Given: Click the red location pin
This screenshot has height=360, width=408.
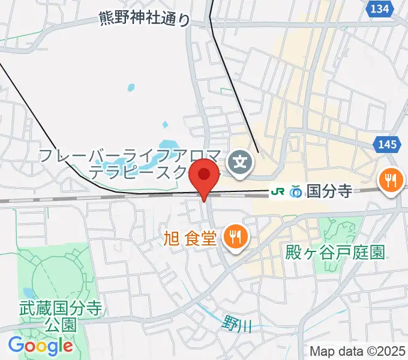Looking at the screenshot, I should [204, 175].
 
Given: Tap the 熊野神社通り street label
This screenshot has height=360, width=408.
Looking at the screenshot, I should [145, 20].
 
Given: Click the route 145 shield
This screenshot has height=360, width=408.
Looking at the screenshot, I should [388, 143].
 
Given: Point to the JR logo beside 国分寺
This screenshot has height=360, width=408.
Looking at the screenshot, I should [278, 191].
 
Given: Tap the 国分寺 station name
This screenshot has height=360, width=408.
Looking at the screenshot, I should [328, 191].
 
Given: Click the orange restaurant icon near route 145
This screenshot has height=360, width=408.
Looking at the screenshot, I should [391, 179].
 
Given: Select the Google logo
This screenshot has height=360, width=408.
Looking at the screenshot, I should [41, 345].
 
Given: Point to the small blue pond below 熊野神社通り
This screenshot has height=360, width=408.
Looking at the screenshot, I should [131, 88].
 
